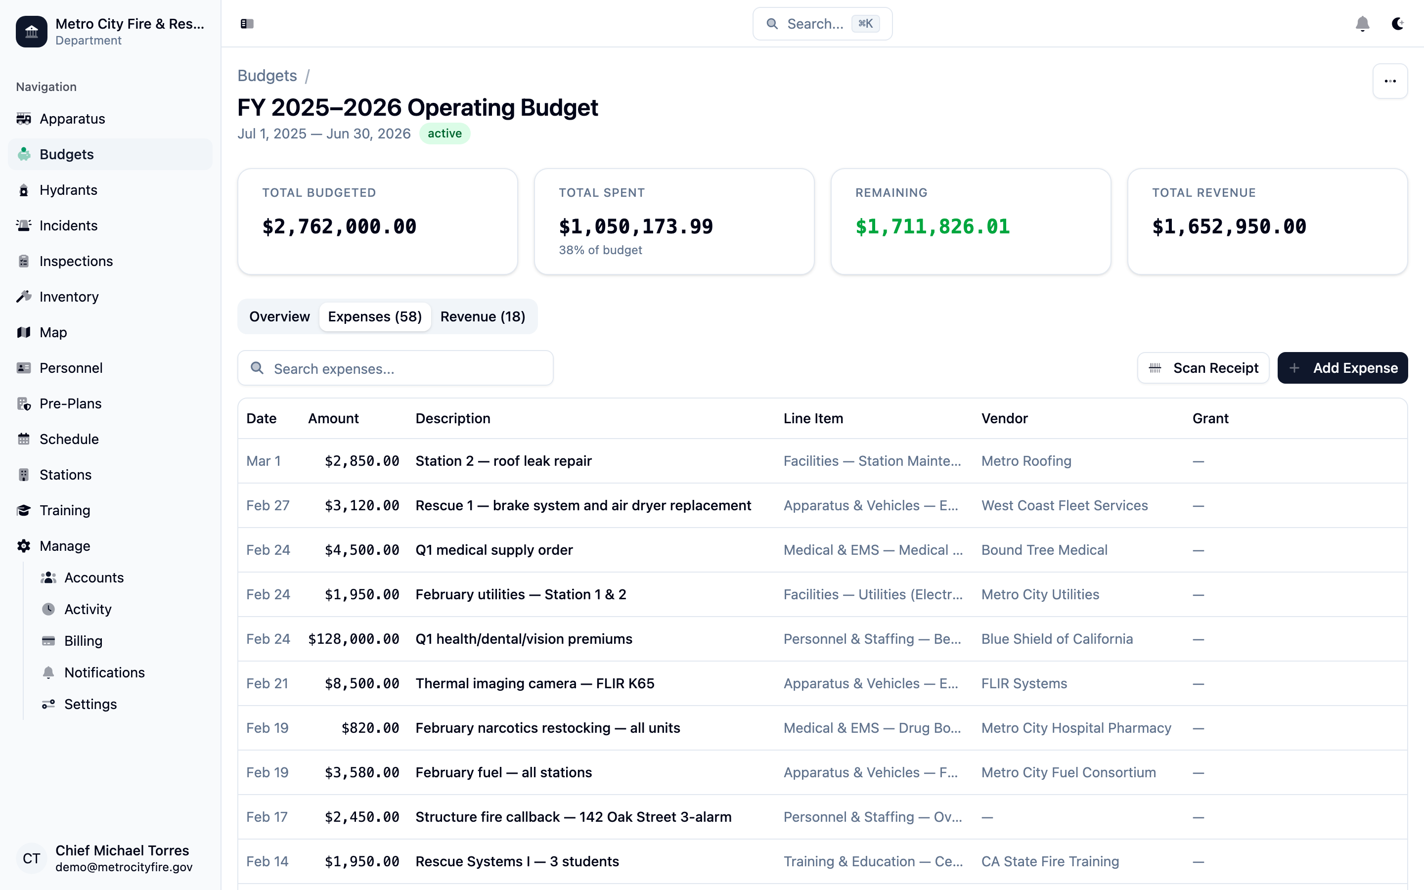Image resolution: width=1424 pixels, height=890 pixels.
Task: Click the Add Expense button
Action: pos(1342,368)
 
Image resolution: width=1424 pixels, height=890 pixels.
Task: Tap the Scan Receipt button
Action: pos(1203,368)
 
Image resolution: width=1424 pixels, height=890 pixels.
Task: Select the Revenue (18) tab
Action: pos(483,316)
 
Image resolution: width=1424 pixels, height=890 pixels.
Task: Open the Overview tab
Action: pos(279,316)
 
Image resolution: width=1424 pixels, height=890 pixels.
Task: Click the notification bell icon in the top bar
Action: pos(1362,24)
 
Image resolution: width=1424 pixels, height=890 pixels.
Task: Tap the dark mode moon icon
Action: pos(1397,24)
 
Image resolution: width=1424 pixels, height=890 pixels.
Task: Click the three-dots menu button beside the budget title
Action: pos(1390,81)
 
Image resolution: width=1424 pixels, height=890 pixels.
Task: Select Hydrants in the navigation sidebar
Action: pos(68,190)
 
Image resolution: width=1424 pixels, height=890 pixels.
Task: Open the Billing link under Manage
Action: pos(83,641)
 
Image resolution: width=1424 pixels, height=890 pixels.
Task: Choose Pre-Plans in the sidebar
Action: pos(71,404)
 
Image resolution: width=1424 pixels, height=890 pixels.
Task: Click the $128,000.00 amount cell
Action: pos(354,639)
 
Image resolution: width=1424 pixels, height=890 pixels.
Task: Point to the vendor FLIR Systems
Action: pos(1024,683)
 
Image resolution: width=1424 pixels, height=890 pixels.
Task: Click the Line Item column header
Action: pos(813,418)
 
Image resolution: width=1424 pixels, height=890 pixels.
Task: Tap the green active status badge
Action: pos(445,133)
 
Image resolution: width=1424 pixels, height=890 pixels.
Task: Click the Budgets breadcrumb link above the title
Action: pos(267,76)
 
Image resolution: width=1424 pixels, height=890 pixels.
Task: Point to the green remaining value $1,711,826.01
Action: pos(932,226)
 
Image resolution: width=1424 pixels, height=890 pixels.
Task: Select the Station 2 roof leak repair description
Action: pos(503,461)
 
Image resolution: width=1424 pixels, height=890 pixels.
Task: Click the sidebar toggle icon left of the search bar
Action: pos(247,24)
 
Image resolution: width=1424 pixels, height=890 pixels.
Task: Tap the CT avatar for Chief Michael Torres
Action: pos(31,859)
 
